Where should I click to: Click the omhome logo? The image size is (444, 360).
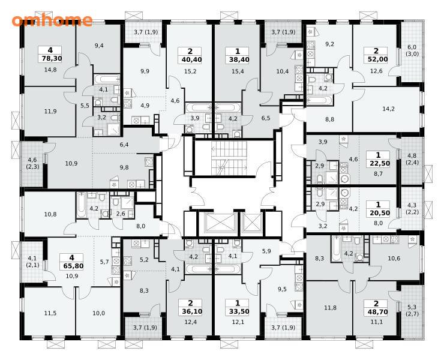(x=52, y=20)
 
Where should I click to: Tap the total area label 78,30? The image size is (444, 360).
(x=50, y=59)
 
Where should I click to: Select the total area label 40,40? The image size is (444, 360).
(x=190, y=59)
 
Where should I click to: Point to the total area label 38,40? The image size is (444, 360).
(x=237, y=59)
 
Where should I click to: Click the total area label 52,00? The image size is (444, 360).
(x=376, y=59)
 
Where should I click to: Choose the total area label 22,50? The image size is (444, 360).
(x=379, y=163)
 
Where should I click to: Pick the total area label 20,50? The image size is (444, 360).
(x=379, y=213)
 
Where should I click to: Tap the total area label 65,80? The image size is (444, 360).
(x=71, y=266)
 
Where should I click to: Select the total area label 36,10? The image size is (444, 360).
(x=190, y=311)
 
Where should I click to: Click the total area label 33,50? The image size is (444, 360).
(x=237, y=311)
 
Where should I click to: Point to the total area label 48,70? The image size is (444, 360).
(x=376, y=312)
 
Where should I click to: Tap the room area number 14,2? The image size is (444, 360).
(x=388, y=109)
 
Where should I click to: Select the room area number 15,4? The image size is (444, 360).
(x=238, y=71)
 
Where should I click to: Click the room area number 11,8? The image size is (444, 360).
(x=330, y=308)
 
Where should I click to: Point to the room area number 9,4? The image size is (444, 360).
(x=99, y=46)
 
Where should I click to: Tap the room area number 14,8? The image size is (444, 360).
(x=50, y=70)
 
